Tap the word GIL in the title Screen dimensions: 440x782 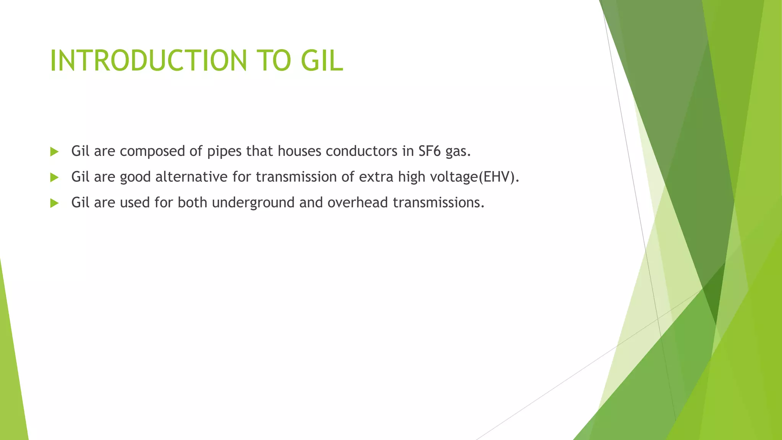click(x=322, y=61)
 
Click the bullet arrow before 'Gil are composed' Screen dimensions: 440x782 click(x=54, y=152)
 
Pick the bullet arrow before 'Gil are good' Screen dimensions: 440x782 click(x=54, y=177)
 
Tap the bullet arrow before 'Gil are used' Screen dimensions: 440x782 click(x=54, y=203)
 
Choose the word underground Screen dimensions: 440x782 click(x=253, y=203)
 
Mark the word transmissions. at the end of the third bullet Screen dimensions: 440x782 click(x=438, y=202)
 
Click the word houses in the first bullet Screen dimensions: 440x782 click(x=299, y=151)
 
